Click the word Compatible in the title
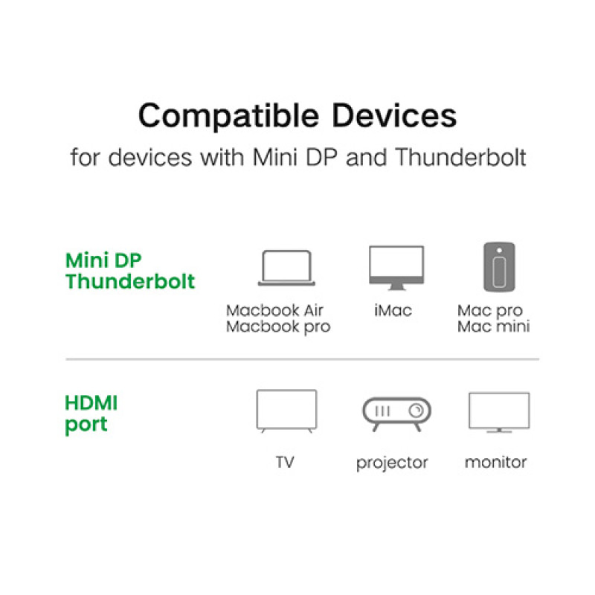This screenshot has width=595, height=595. [x=228, y=116]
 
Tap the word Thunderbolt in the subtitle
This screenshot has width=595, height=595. [x=461, y=158]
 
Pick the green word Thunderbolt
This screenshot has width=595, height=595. [x=131, y=282]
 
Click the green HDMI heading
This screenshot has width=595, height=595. [x=91, y=404]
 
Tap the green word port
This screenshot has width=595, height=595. [x=86, y=425]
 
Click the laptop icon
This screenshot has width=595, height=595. [x=286, y=268]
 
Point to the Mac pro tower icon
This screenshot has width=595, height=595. [x=498, y=266]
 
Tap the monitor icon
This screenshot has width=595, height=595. [x=499, y=412]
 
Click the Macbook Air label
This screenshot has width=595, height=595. [x=274, y=310]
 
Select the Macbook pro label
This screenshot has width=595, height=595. [x=277, y=327]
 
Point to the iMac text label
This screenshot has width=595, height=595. [x=393, y=310]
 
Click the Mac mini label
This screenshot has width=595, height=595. [x=494, y=327]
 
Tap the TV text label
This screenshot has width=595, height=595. [x=285, y=463]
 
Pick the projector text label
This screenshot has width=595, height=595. [x=392, y=463]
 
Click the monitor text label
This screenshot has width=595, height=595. [x=495, y=463]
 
